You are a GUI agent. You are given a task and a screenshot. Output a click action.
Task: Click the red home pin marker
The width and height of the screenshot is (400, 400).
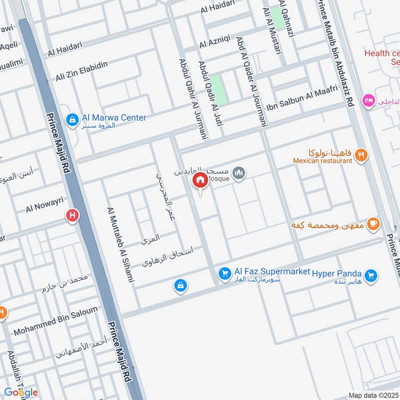coord(200,180)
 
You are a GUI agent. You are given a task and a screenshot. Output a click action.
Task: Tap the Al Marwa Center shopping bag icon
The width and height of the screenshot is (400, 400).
coord(73,118)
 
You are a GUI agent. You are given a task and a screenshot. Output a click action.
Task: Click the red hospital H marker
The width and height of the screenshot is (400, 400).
coord(72,216)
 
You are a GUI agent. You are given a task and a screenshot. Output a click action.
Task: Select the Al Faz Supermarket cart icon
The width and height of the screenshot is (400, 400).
coord(224,273)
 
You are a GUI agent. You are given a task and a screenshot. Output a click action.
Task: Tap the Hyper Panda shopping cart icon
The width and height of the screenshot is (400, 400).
coord(370,274)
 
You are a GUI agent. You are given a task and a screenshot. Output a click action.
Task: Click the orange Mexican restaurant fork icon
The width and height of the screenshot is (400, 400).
coord(361,155)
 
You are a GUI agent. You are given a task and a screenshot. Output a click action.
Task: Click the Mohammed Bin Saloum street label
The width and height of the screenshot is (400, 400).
coord(55,321)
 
